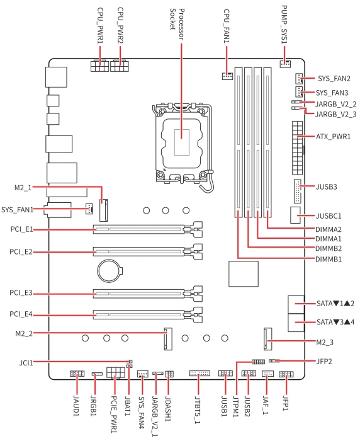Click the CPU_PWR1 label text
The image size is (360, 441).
[x=100, y=26]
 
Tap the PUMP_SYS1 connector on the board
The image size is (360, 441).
[x=285, y=64]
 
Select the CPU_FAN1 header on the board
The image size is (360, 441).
[x=227, y=76]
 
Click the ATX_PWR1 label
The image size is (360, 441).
[x=334, y=137]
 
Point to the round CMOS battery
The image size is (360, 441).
[x=109, y=270]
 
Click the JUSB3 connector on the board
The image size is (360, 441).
[x=297, y=191]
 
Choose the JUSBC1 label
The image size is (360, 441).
[x=329, y=216]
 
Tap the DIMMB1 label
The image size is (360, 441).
[x=329, y=259]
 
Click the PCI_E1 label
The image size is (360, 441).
[x=21, y=229]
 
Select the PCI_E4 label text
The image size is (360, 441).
[x=21, y=314]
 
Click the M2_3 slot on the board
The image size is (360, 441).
[x=268, y=339]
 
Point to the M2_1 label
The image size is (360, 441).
[x=23, y=188]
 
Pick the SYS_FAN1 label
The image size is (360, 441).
[x=18, y=210]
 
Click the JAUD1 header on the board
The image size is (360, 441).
[x=77, y=374]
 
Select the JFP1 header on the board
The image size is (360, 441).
[x=286, y=374]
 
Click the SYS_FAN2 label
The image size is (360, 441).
[x=334, y=79]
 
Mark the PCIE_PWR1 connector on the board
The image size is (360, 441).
[x=116, y=373]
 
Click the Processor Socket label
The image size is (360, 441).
[x=177, y=25]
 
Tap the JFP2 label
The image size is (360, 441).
[x=324, y=362]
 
